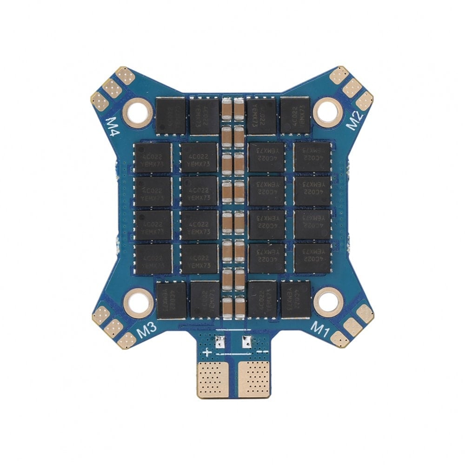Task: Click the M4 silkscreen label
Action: tap(113, 126)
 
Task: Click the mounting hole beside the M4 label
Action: tap(138, 112)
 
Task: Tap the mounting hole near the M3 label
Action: tap(138, 302)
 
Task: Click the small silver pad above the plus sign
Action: tap(220, 342)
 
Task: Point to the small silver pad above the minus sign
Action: tap(246, 342)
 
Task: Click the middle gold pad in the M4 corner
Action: tap(112, 87)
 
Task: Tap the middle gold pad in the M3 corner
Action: tap(113, 329)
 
